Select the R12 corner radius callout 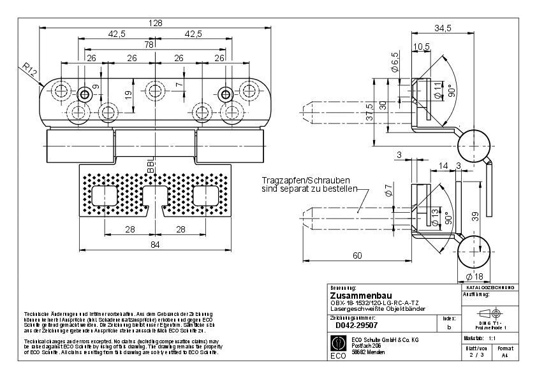(x=27, y=69)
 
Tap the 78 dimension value (x=149, y=45)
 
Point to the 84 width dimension (x=155, y=245)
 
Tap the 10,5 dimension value (x=421, y=47)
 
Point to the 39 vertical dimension (x=474, y=217)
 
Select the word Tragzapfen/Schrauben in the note (x=295, y=181)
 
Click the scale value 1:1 (x=493, y=338)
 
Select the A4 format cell (x=504, y=356)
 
